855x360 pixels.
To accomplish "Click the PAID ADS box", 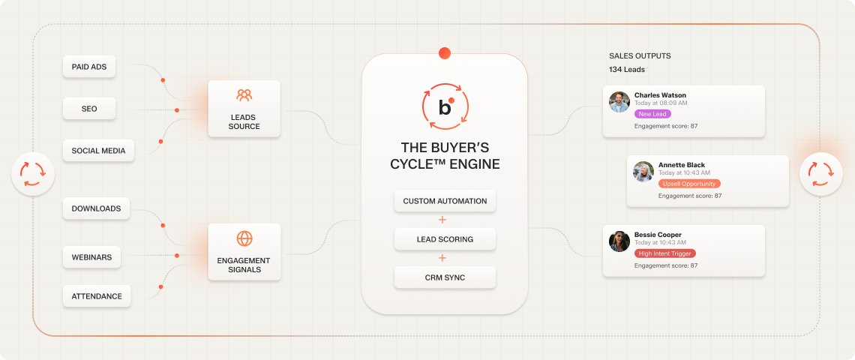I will (x=89, y=67).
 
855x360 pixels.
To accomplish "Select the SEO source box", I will (x=89, y=109).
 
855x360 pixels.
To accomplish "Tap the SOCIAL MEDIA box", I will (x=97, y=150).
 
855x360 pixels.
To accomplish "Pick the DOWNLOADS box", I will (x=96, y=208).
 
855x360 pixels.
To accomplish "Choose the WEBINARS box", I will (x=91, y=257).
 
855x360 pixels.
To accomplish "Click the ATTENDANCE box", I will (x=97, y=296).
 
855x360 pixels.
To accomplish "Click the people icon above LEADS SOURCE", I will (x=244, y=96).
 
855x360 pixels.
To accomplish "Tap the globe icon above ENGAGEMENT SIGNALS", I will (x=244, y=238).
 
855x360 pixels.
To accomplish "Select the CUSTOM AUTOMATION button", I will (x=445, y=201).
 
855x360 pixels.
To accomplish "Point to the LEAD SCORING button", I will (x=445, y=239).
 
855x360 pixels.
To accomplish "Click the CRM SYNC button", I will (x=445, y=277).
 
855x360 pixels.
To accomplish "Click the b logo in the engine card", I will (x=445, y=107).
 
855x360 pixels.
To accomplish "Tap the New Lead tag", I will (x=652, y=114).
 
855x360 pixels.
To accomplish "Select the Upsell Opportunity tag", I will (x=689, y=184).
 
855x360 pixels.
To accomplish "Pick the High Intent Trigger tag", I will (x=665, y=253).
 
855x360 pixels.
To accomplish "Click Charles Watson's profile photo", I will (x=619, y=102).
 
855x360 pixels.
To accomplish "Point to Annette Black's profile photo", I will (x=643, y=172).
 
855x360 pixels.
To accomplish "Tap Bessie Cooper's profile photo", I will (x=619, y=241).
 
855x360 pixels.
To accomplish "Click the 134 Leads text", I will (x=627, y=70).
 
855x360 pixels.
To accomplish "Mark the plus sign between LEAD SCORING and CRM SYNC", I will (x=442, y=258).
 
